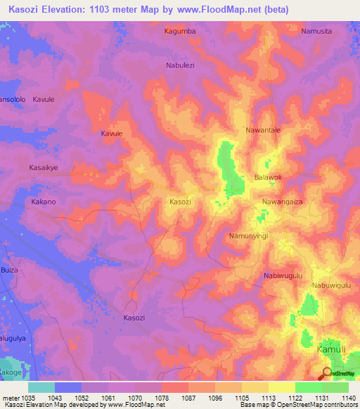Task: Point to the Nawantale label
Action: click(263, 131)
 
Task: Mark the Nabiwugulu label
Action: click(283, 276)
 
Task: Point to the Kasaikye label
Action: click(44, 178)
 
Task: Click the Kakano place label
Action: click(44, 202)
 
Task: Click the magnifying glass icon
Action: click(326, 374)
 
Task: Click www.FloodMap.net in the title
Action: click(219, 8)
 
